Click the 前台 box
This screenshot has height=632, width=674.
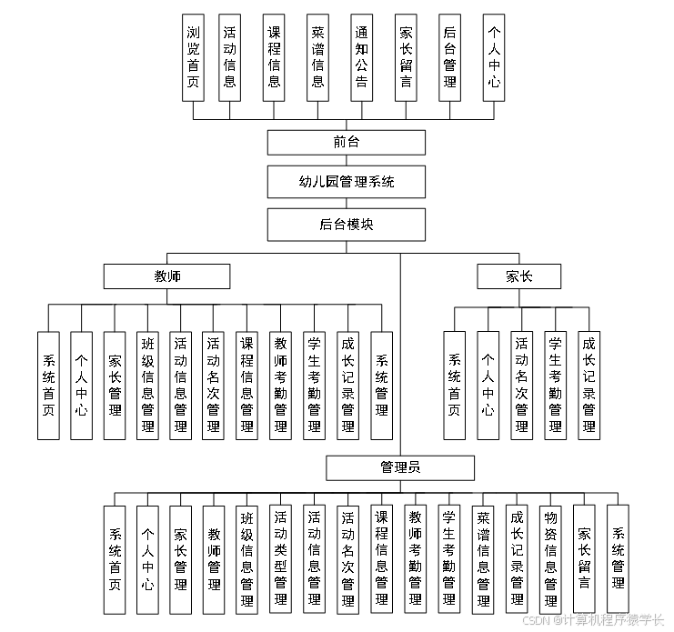pyautogui.click(x=346, y=143)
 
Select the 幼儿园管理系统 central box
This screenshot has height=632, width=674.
pyautogui.click(x=346, y=182)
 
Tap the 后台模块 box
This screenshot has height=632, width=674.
pyautogui.click(x=346, y=225)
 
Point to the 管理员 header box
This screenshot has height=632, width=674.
pyautogui.click(x=400, y=468)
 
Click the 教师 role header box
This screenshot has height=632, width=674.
pyautogui.click(x=166, y=276)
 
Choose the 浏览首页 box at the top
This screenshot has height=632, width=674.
pyautogui.click(x=193, y=56)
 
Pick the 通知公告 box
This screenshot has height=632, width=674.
pyautogui.click(x=361, y=56)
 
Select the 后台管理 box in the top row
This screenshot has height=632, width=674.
pyautogui.click(x=449, y=56)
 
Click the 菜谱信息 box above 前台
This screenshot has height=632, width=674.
pyautogui.click(x=317, y=56)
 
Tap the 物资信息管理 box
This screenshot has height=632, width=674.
pyautogui.click(x=549, y=558)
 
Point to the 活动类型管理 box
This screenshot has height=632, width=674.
pyautogui.click(x=281, y=558)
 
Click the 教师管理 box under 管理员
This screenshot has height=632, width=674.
pyautogui.click(x=214, y=558)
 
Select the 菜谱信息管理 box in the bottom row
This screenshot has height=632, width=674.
pyautogui.click(x=482, y=558)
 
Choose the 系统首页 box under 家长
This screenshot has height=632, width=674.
pyautogui.click(x=454, y=386)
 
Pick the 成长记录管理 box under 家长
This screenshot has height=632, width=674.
pyautogui.click(x=588, y=386)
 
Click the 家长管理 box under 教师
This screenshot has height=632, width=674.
pyautogui.click(x=115, y=386)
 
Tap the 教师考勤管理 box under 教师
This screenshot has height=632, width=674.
pyautogui.click(x=281, y=386)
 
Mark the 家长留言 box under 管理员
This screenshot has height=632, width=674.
pyautogui.click(x=583, y=558)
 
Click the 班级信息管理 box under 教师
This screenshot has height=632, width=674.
pyautogui.click(x=148, y=386)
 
